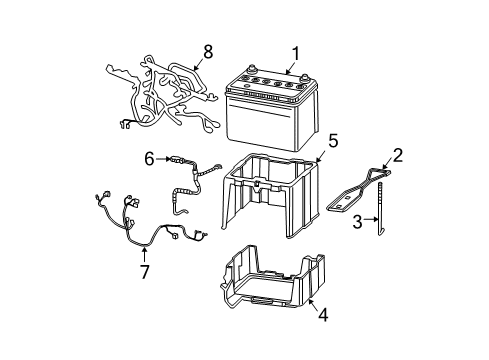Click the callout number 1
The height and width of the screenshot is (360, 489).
[295, 54]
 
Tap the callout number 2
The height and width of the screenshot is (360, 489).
[397, 154]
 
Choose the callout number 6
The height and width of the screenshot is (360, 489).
[149, 157]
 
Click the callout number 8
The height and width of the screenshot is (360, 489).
[208, 50]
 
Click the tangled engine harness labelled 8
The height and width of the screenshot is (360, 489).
[165, 95]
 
